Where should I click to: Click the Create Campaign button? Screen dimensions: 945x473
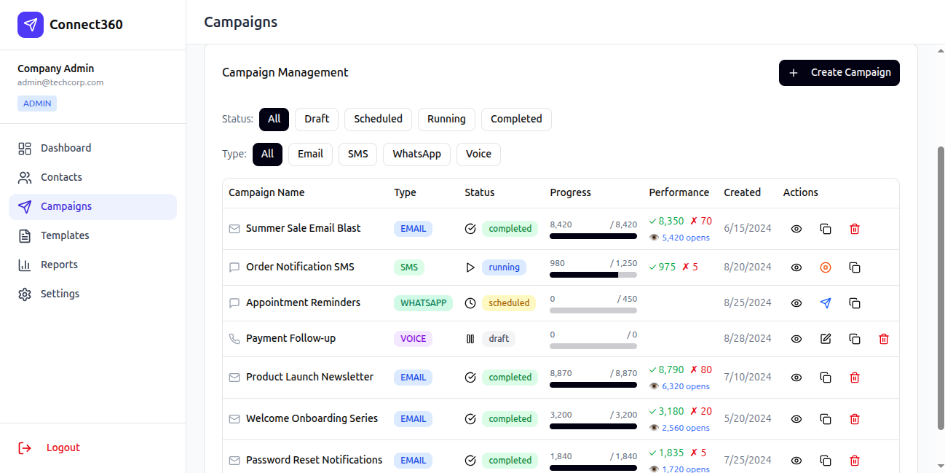coord(839,73)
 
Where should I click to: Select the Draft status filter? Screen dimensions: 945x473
coord(317,119)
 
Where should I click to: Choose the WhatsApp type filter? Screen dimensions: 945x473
coord(416,155)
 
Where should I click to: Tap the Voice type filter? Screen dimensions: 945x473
coord(478,155)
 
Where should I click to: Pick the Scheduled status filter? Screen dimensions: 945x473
coord(378,119)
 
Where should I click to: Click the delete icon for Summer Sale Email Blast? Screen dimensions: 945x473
coord(855,229)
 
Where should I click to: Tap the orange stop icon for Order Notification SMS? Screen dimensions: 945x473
coord(826,267)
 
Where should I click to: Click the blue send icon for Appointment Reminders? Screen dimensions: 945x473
coord(826,303)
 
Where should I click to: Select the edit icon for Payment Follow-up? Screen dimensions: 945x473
coord(826,339)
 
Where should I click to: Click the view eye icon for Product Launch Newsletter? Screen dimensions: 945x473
coord(796,378)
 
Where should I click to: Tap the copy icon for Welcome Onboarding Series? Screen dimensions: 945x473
coord(826,419)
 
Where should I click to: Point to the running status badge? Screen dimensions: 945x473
coord(504,267)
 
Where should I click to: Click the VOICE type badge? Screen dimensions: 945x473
coord(413,339)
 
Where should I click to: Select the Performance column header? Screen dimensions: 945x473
coord(679,192)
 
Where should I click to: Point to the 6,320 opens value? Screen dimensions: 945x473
coord(686,386)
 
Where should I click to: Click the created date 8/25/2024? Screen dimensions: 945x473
coord(748,302)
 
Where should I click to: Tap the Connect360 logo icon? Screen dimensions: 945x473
coord(31,25)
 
